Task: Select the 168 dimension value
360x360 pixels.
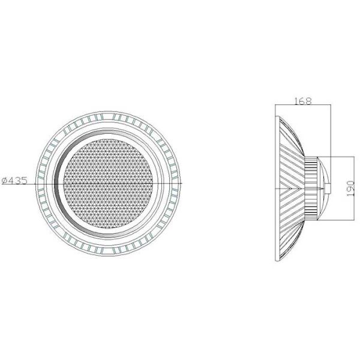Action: point(303,101)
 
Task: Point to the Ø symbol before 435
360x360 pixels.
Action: point(5,179)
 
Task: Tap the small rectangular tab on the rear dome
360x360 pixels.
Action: point(329,190)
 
